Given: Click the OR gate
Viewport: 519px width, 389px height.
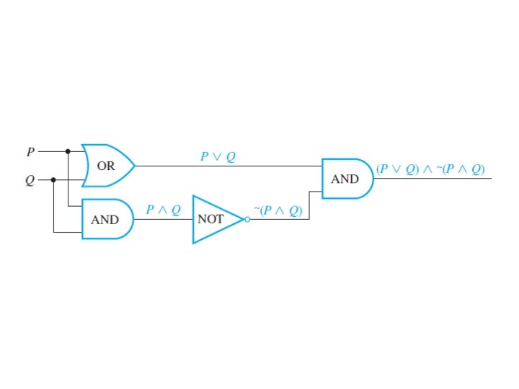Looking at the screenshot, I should point(108,166).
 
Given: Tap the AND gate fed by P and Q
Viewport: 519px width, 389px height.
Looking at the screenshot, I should point(107,219).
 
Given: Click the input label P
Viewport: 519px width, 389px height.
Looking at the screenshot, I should point(30,152).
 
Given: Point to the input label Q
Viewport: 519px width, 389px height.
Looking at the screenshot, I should point(30,179).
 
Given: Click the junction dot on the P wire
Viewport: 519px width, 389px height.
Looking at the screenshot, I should point(68,152).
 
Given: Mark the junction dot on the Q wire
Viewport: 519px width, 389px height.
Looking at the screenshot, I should point(54,179).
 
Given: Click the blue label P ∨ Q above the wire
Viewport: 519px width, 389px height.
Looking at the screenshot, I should point(218,156).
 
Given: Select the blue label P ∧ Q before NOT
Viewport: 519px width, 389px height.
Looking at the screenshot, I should point(164,209).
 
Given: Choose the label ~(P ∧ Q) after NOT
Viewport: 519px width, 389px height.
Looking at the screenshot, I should point(278,210).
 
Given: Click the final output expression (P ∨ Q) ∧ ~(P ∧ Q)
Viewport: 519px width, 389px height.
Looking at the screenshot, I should point(430,169).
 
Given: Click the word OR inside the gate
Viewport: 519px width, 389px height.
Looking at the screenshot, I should point(106,166).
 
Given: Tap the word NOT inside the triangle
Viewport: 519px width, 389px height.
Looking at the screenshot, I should point(211,219).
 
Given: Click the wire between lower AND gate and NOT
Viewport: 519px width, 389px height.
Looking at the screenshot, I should point(163,219).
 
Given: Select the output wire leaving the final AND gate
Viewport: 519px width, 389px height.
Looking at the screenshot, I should point(432,179).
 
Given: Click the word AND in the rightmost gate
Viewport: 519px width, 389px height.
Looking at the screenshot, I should point(345,179).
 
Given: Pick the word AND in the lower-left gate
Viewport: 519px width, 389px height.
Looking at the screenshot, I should point(105,219).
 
